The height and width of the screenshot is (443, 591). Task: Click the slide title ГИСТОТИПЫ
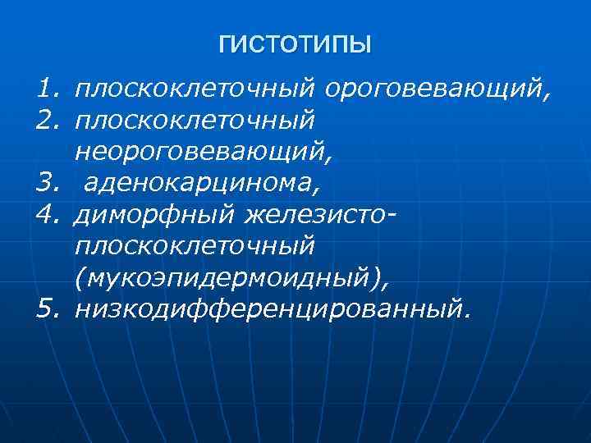pos(295,43)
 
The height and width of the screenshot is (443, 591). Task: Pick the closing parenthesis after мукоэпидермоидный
pos(377,279)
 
